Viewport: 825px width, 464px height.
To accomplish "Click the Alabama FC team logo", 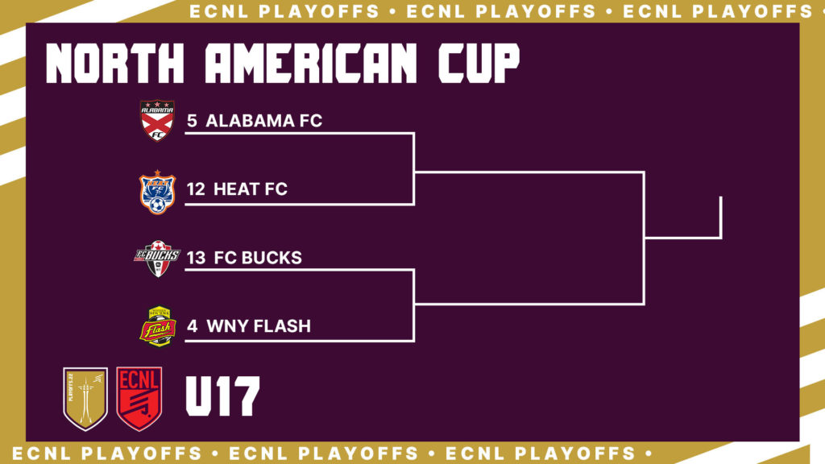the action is [x=157, y=121].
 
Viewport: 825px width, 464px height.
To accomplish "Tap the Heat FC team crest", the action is [x=157, y=192].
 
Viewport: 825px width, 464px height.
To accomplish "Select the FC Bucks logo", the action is [x=157, y=259].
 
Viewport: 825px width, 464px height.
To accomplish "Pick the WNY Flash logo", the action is [x=158, y=326].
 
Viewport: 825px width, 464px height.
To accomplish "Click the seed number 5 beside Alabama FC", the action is [x=192, y=121].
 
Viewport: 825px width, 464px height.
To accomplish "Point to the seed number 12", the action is [x=196, y=189].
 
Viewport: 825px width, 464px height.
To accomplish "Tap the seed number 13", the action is [x=196, y=258].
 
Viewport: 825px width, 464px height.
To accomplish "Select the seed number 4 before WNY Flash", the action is [x=192, y=326].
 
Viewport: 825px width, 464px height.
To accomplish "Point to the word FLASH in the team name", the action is [x=284, y=326].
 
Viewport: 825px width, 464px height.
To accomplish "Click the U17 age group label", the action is [x=222, y=396].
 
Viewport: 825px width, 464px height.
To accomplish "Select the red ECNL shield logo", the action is [x=139, y=399].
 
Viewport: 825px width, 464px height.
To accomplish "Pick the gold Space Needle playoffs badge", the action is [x=85, y=399].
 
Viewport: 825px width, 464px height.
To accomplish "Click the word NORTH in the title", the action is [x=115, y=63].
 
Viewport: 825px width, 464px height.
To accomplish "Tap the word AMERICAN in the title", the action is [x=311, y=63].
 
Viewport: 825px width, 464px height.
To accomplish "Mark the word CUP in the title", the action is [x=479, y=63].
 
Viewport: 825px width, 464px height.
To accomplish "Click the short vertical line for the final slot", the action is [x=721, y=217].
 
